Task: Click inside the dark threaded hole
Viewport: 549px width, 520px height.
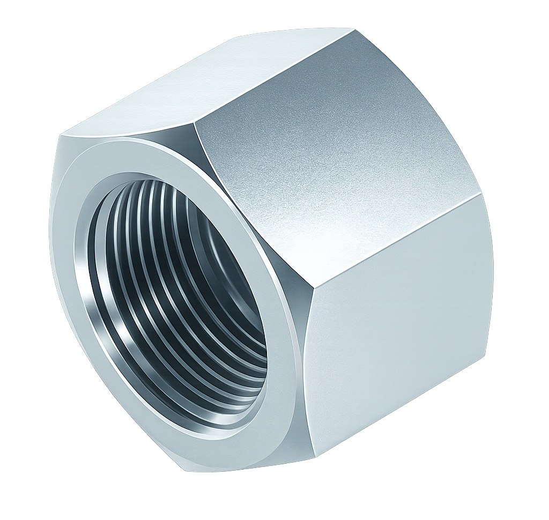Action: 177,300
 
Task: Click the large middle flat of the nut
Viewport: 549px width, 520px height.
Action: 332,161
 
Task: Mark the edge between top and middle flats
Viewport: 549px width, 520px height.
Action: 273,75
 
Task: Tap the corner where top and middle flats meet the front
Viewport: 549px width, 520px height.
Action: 195,122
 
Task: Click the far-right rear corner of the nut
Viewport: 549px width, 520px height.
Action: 478,195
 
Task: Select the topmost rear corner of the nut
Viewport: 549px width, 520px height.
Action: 354,28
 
